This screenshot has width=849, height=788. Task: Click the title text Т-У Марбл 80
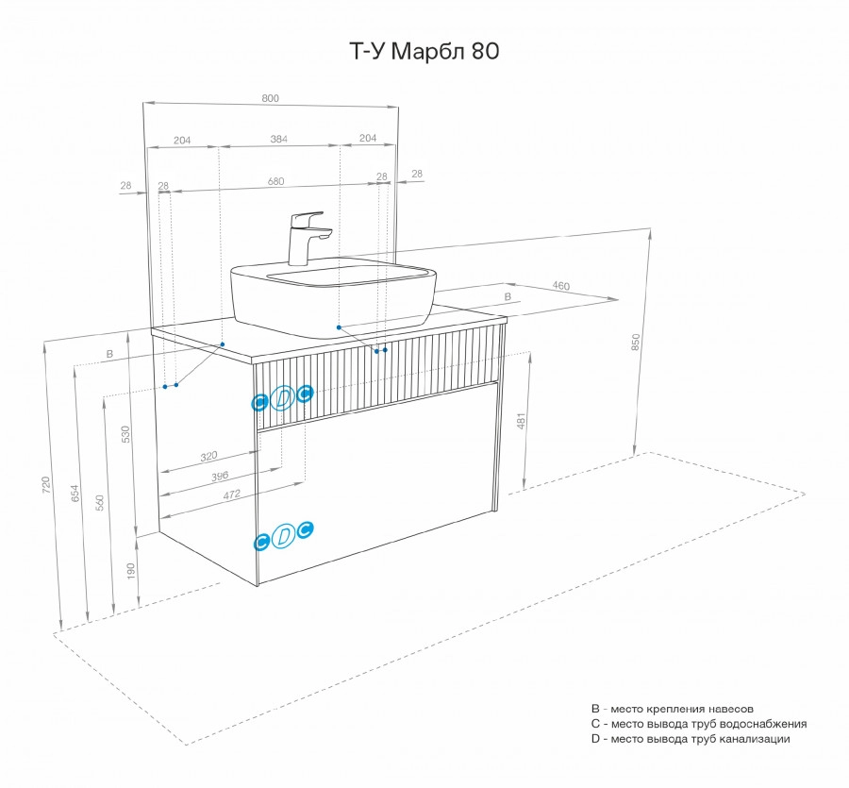coord(424,53)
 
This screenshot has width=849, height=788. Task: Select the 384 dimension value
coord(278,139)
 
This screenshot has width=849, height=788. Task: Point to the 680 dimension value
coord(275,181)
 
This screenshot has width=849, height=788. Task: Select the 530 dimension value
coord(125,433)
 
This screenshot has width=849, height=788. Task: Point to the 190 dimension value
coord(131,571)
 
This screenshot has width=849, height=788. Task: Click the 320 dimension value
coord(209,457)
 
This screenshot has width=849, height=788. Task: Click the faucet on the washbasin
coord(308,236)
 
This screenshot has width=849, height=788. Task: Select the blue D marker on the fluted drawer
coord(282,399)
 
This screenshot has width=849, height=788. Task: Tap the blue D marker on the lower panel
coord(282,537)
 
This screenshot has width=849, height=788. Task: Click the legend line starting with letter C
coord(698,724)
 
